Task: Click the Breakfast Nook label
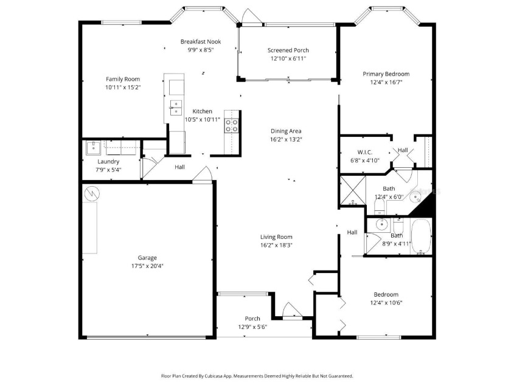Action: coord(201,42)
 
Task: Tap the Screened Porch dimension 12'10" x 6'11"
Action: coord(288,58)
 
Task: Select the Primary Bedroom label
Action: coord(386,74)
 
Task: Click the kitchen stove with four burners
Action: coord(231,126)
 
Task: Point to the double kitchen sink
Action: coord(176,108)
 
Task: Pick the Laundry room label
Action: coord(108,162)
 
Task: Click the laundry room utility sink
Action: coord(94,148)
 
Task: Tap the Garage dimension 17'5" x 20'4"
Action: coord(147,266)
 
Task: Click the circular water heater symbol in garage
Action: coord(92,193)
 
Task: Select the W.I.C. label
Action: coord(365,152)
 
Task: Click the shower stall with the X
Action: coord(353,190)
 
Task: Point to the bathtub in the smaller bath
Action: coord(422,236)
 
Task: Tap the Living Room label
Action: coord(276,237)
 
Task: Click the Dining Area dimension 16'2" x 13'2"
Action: coord(286,139)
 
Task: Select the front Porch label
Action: coord(252,319)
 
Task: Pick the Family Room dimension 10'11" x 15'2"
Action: coord(123,88)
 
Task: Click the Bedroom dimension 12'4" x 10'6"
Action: coord(386,303)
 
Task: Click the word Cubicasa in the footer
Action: coord(214,376)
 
